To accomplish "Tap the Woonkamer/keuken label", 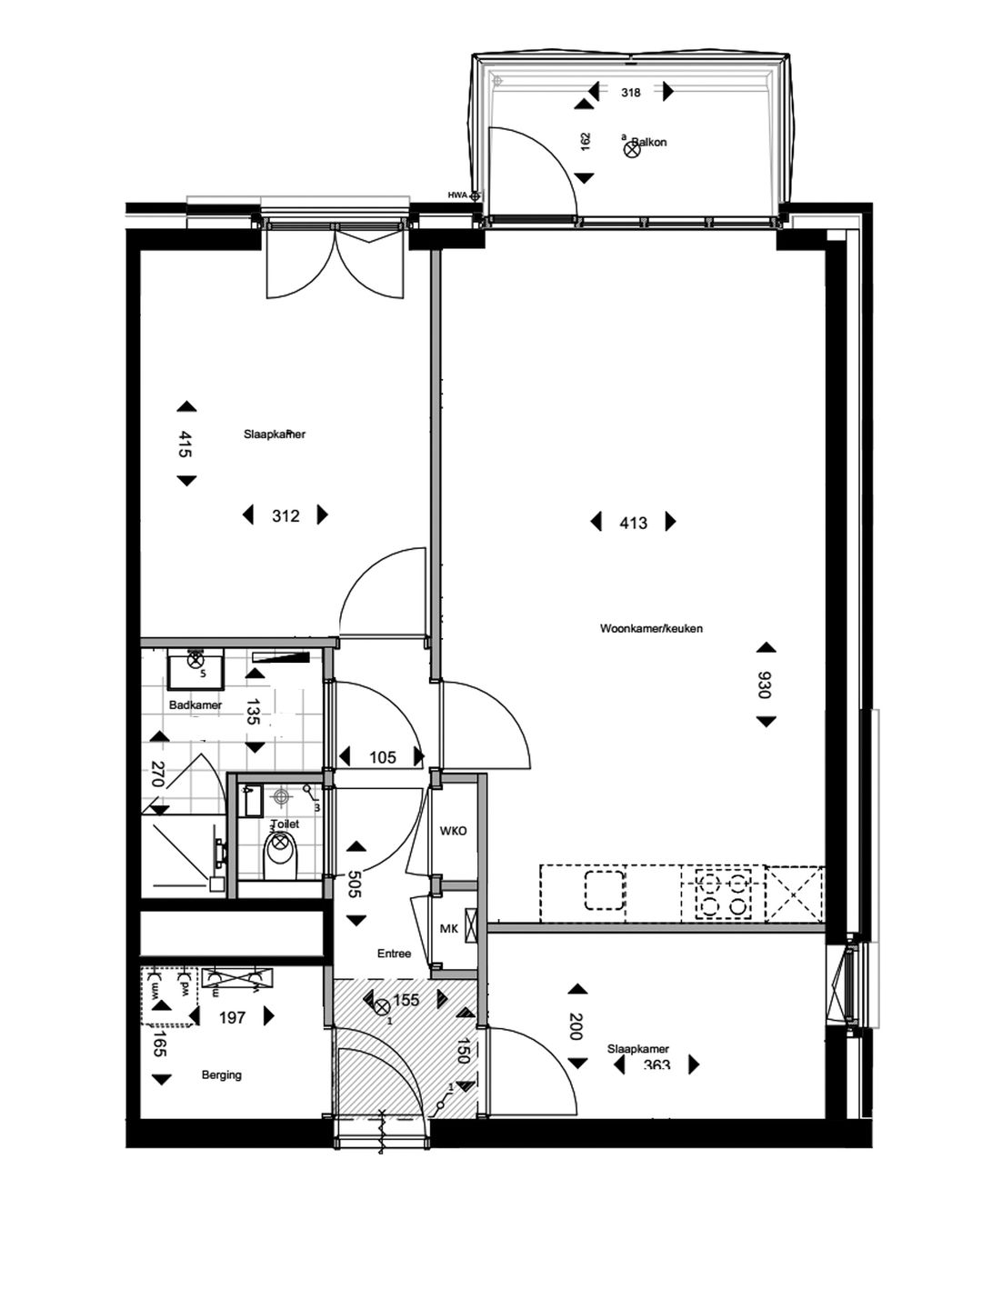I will click(651, 628).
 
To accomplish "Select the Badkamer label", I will click(195, 705).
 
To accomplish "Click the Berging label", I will click(222, 1074).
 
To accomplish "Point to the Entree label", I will click(395, 954).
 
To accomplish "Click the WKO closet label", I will click(453, 831).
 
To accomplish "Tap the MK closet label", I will click(448, 928).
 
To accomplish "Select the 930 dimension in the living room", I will click(765, 684).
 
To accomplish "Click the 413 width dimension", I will click(633, 523).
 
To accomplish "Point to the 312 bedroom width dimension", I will click(286, 516).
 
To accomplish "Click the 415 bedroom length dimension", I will click(185, 444).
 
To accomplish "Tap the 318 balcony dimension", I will click(631, 92).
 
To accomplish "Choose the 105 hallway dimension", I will click(382, 757).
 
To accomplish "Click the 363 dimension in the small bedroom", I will click(656, 1065).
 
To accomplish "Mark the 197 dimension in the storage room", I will click(233, 1017).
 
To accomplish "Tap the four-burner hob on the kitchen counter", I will click(724, 893).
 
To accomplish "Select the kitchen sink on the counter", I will click(605, 891).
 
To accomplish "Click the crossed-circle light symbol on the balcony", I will click(631, 151).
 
